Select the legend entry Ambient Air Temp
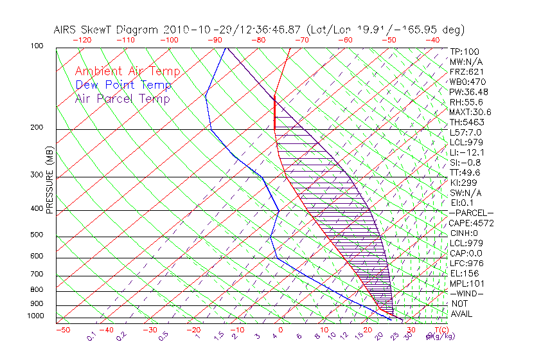pyautogui.click(x=128, y=72)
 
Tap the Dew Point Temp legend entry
pyautogui.click(x=123, y=85)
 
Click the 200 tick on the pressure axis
pyautogui.click(x=36, y=128)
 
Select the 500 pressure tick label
pyautogui.click(x=36, y=235)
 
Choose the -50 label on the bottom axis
pyautogui.click(x=62, y=330)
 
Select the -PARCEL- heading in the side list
pyautogui.click(x=471, y=213)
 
